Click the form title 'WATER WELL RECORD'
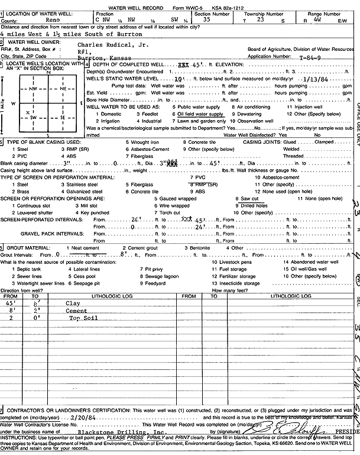click(153, 5)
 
